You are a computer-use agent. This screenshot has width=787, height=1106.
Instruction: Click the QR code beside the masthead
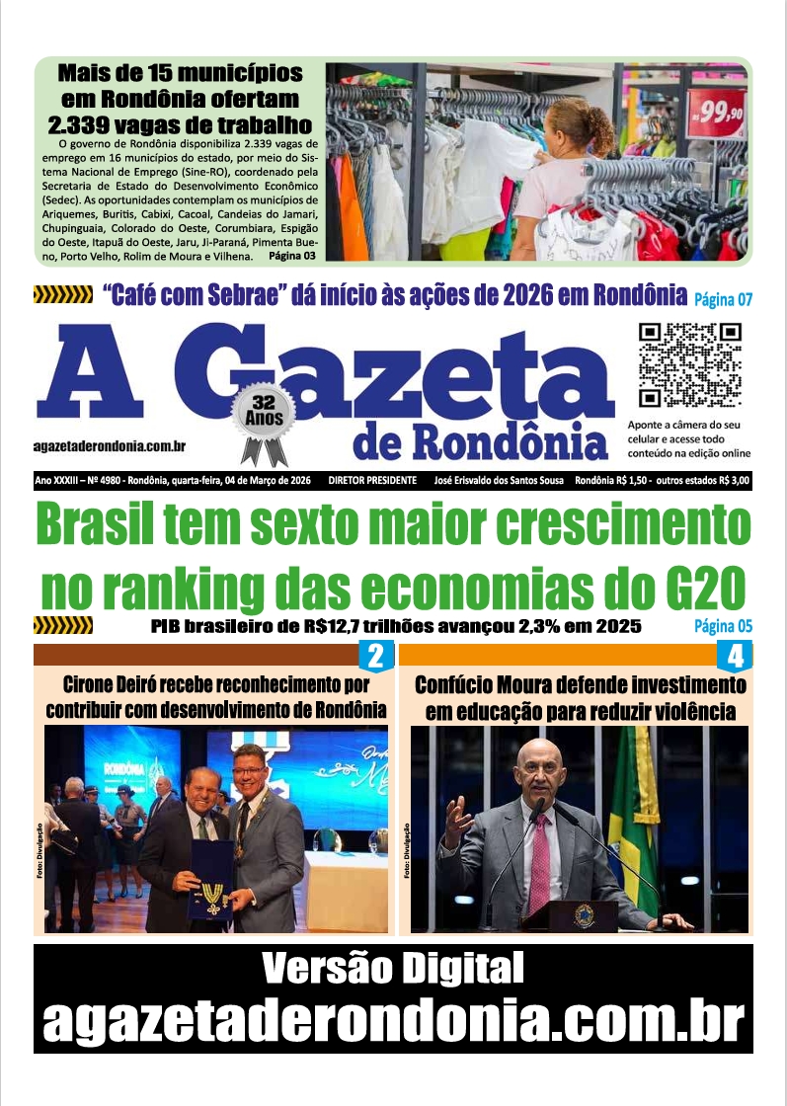[x=689, y=366]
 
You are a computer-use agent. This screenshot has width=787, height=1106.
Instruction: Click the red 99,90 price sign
[x=717, y=115]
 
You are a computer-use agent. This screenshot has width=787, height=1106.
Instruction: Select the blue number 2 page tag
[x=374, y=656]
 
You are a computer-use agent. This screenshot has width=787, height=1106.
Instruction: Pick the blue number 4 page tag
[x=735, y=656]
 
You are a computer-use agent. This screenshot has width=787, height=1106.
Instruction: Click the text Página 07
[x=723, y=298]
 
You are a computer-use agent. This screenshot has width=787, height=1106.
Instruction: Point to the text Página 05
[x=723, y=626]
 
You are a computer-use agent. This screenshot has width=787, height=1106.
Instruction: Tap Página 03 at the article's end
[x=291, y=256]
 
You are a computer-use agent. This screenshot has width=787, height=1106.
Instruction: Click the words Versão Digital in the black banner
[x=393, y=969]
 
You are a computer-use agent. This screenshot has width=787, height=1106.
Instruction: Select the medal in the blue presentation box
[x=212, y=895]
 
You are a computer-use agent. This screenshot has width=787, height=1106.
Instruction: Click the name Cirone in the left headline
[x=94, y=683]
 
